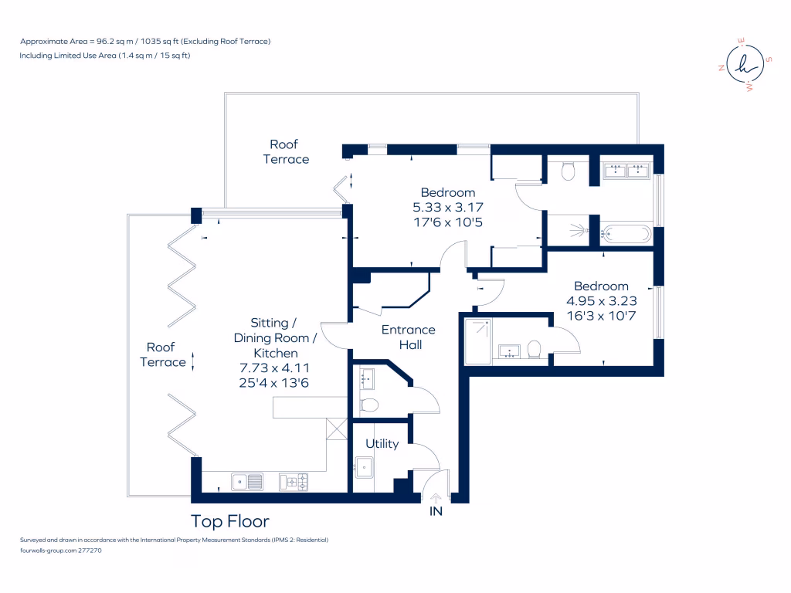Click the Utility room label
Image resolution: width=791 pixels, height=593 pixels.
tap(382, 443)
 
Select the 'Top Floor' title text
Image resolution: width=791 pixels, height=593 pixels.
tap(230, 521)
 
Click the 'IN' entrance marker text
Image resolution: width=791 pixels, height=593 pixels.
tap(436, 510)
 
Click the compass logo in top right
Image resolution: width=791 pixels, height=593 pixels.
tap(744, 66)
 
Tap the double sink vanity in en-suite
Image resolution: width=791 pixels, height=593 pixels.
tap(626, 171)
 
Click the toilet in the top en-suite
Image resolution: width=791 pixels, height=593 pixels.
tap(569, 170)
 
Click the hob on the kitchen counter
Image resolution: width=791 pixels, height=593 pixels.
tap(294, 482)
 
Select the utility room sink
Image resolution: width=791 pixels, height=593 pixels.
tap(364, 466)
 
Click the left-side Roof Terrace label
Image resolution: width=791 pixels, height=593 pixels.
tap(162, 354)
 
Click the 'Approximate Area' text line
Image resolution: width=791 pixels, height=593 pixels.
tap(145, 41)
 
